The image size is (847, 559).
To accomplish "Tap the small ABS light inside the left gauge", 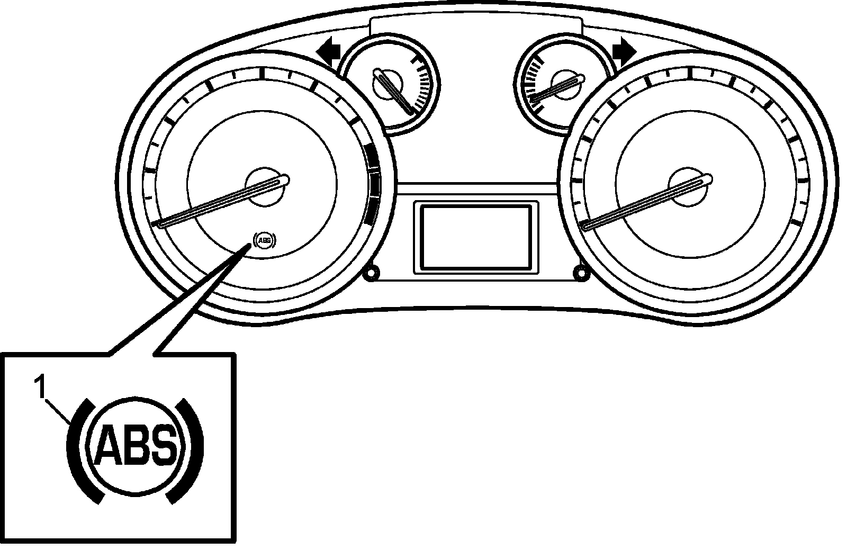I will tap(265, 241).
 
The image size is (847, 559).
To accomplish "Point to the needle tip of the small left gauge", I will tap(411, 111).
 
